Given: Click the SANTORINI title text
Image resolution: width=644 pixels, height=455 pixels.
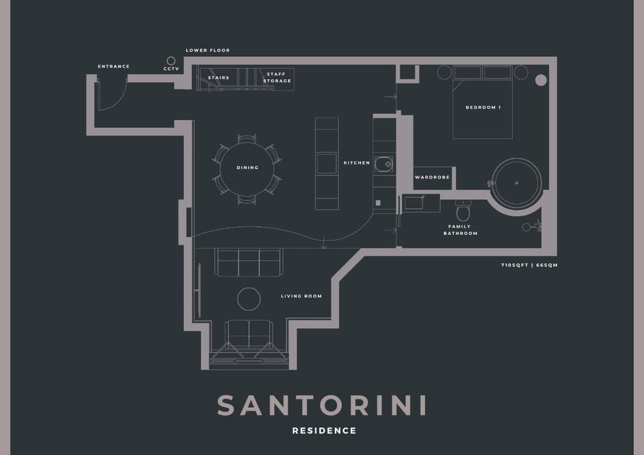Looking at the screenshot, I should pos(322,405).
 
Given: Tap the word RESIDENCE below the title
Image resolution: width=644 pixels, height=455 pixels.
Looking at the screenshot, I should pos(324,431).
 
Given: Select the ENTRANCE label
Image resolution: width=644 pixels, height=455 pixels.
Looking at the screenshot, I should pos(113,66).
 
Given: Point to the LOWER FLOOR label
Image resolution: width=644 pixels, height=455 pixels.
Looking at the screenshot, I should pos(207,50).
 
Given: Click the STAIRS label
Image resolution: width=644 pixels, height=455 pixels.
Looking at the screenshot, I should pos(219,78).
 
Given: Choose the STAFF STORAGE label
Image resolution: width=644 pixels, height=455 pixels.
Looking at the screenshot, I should pos(278,78).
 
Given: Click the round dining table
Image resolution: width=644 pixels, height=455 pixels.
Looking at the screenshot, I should pos(247,168).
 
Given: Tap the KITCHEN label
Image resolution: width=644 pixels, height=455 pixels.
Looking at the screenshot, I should pos(356,163).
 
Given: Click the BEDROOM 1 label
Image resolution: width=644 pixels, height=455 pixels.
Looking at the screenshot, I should pos(483,107).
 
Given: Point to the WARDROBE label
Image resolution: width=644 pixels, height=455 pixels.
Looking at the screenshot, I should pos(431,178).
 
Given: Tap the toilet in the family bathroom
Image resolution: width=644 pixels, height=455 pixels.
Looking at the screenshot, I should pos(462,212).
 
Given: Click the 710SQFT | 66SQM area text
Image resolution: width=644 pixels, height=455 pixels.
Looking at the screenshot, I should pos(529,265).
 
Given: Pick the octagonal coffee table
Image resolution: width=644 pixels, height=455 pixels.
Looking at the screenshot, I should pos(249,299).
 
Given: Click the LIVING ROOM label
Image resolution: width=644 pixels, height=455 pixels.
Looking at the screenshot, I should pos(301,296).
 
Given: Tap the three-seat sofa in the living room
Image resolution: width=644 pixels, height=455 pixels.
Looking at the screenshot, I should pos(248,262).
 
